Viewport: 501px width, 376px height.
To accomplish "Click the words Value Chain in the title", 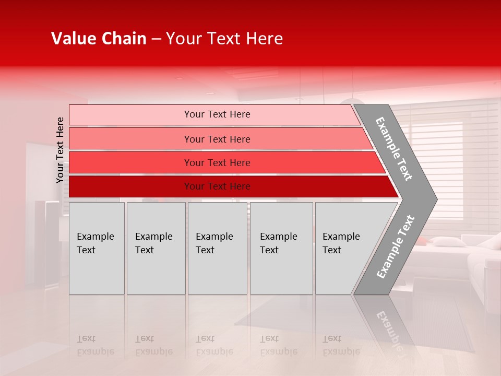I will [99, 39].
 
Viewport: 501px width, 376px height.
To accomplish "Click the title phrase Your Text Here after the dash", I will [224, 39].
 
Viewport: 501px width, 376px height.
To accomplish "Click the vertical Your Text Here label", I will [60, 150].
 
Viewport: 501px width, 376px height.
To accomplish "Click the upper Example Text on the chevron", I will [394, 149].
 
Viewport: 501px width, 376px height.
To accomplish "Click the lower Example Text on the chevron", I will [396, 246].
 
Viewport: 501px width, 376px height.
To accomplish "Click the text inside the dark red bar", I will [217, 186].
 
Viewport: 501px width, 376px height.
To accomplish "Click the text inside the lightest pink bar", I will [217, 114].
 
